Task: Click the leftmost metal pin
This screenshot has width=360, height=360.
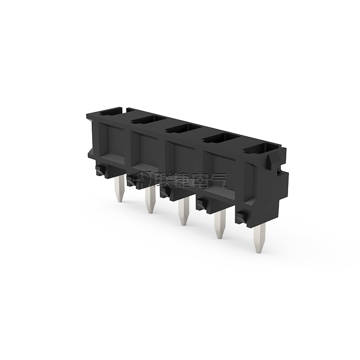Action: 119,189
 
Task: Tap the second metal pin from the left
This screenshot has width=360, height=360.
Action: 150,200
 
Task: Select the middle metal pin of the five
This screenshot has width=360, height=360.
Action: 184,211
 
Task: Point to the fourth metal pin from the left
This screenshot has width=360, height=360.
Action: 220,224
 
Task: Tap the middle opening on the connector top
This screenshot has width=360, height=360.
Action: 184,128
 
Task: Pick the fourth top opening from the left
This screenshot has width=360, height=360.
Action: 222,138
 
